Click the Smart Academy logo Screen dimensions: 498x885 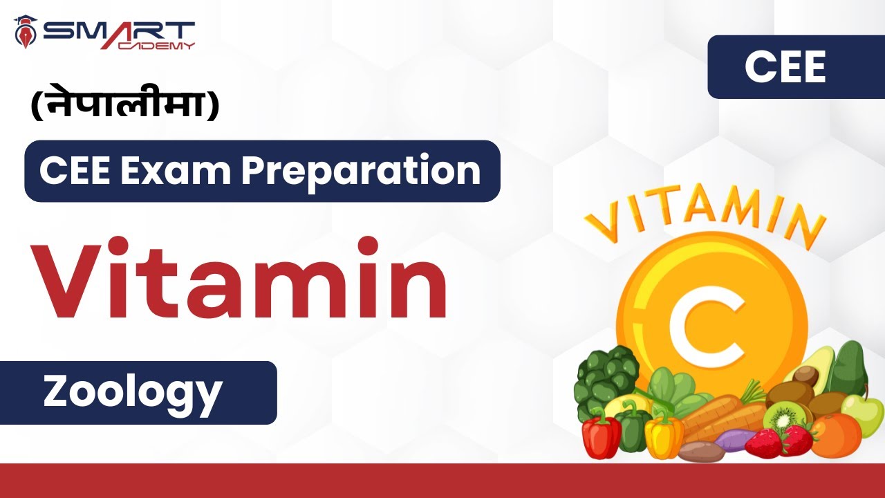pos(104,33)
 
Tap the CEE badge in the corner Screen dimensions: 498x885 pos(785,68)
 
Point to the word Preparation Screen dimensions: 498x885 pos(360,171)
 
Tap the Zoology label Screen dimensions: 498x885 pos(132,392)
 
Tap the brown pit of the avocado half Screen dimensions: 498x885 pos(805,377)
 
